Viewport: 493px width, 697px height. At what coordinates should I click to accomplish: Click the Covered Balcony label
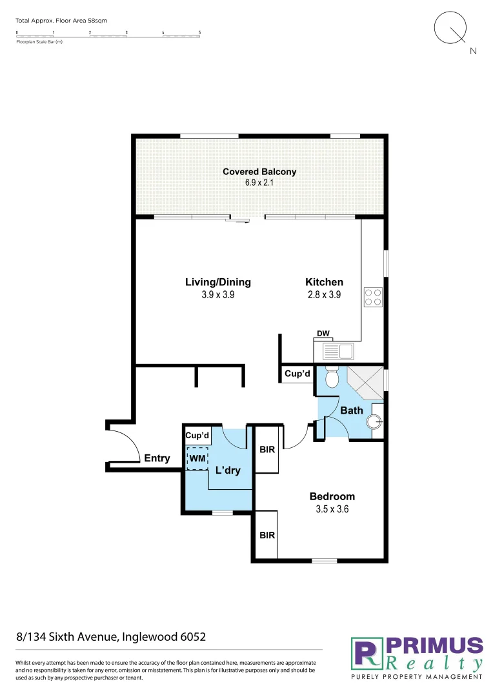click(x=259, y=172)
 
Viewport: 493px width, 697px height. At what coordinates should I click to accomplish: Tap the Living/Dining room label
click(x=217, y=282)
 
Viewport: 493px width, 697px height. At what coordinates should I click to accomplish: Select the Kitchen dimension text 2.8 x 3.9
click(x=323, y=294)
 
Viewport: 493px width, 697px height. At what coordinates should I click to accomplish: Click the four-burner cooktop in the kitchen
click(x=372, y=297)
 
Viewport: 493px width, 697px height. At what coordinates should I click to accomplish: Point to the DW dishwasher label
click(x=323, y=334)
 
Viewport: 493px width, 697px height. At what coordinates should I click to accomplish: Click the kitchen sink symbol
click(x=337, y=352)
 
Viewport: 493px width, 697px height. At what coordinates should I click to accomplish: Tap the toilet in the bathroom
click(x=332, y=377)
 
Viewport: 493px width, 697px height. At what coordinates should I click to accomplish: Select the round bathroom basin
click(x=374, y=422)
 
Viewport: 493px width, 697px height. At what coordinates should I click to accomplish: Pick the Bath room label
click(x=352, y=410)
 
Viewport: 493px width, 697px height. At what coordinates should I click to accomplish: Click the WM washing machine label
click(x=197, y=458)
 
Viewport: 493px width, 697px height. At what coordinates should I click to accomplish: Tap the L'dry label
click(x=228, y=470)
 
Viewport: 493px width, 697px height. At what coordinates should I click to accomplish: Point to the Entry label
click(x=157, y=458)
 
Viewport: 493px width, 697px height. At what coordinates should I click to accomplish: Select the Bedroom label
click(x=332, y=496)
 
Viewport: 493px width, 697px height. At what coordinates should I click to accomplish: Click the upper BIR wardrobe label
click(x=267, y=449)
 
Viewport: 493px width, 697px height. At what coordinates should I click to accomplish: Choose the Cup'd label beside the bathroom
click(x=297, y=374)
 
